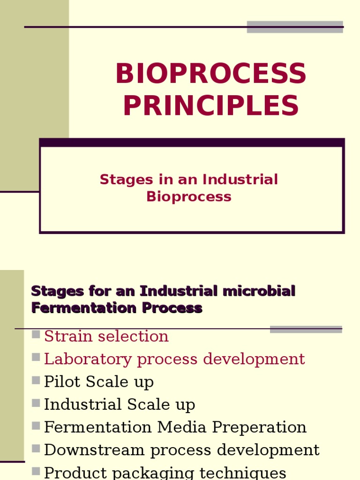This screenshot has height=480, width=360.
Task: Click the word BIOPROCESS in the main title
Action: pyautogui.click(x=211, y=73)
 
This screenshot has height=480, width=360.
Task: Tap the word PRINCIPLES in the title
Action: pyautogui.click(x=211, y=105)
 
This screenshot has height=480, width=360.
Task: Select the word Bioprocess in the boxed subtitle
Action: pyautogui.click(x=189, y=196)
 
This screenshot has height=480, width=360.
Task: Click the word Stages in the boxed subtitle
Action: pyautogui.click(x=127, y=180)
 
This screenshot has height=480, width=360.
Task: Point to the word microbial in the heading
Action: pyautogui.click(x=259, y=291)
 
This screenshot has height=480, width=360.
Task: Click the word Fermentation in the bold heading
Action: pyautogui.click(x=84, y=307)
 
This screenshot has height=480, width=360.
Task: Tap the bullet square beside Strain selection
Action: pyautogui.click(x=36, y=334)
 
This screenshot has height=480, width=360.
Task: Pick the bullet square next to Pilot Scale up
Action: pyautogui.click(x=36, y=380)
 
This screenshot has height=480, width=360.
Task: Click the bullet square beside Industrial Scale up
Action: pyautogui.click(x=36, y=403)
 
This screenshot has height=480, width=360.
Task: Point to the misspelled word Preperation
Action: pyautogui.click(x=259, y=427)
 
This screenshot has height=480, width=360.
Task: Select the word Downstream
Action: pyautogui.click(x=94, y=450)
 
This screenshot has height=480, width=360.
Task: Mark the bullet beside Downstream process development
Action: pyautogui.click(x=36, y=449)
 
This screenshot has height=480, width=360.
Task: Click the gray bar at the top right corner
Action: pyautogui.click(x=295, y=27)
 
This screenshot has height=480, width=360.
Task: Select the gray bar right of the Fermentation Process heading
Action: pyautogui.click(x=306, y=330)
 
